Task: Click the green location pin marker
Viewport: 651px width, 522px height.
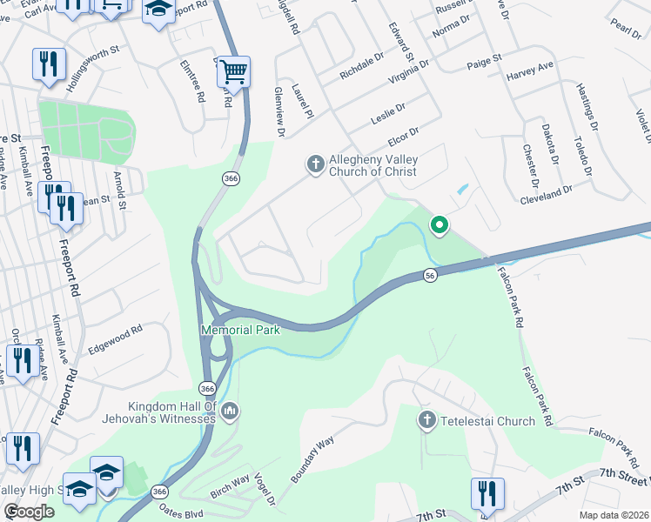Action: coord(440,226)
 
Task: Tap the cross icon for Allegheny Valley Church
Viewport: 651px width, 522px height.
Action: coord(315,163)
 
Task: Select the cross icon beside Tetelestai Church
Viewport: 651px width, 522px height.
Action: coord(426,421)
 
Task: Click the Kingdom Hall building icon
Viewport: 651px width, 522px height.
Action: coord(230,411)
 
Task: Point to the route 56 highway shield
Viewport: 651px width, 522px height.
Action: coord(430,274)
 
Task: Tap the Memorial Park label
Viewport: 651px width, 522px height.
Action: coord(240,331)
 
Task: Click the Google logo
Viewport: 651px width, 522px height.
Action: coord(30,512)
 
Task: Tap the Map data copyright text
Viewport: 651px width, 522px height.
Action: coord(614,515)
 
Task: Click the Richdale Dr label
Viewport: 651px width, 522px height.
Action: coord(362,66)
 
